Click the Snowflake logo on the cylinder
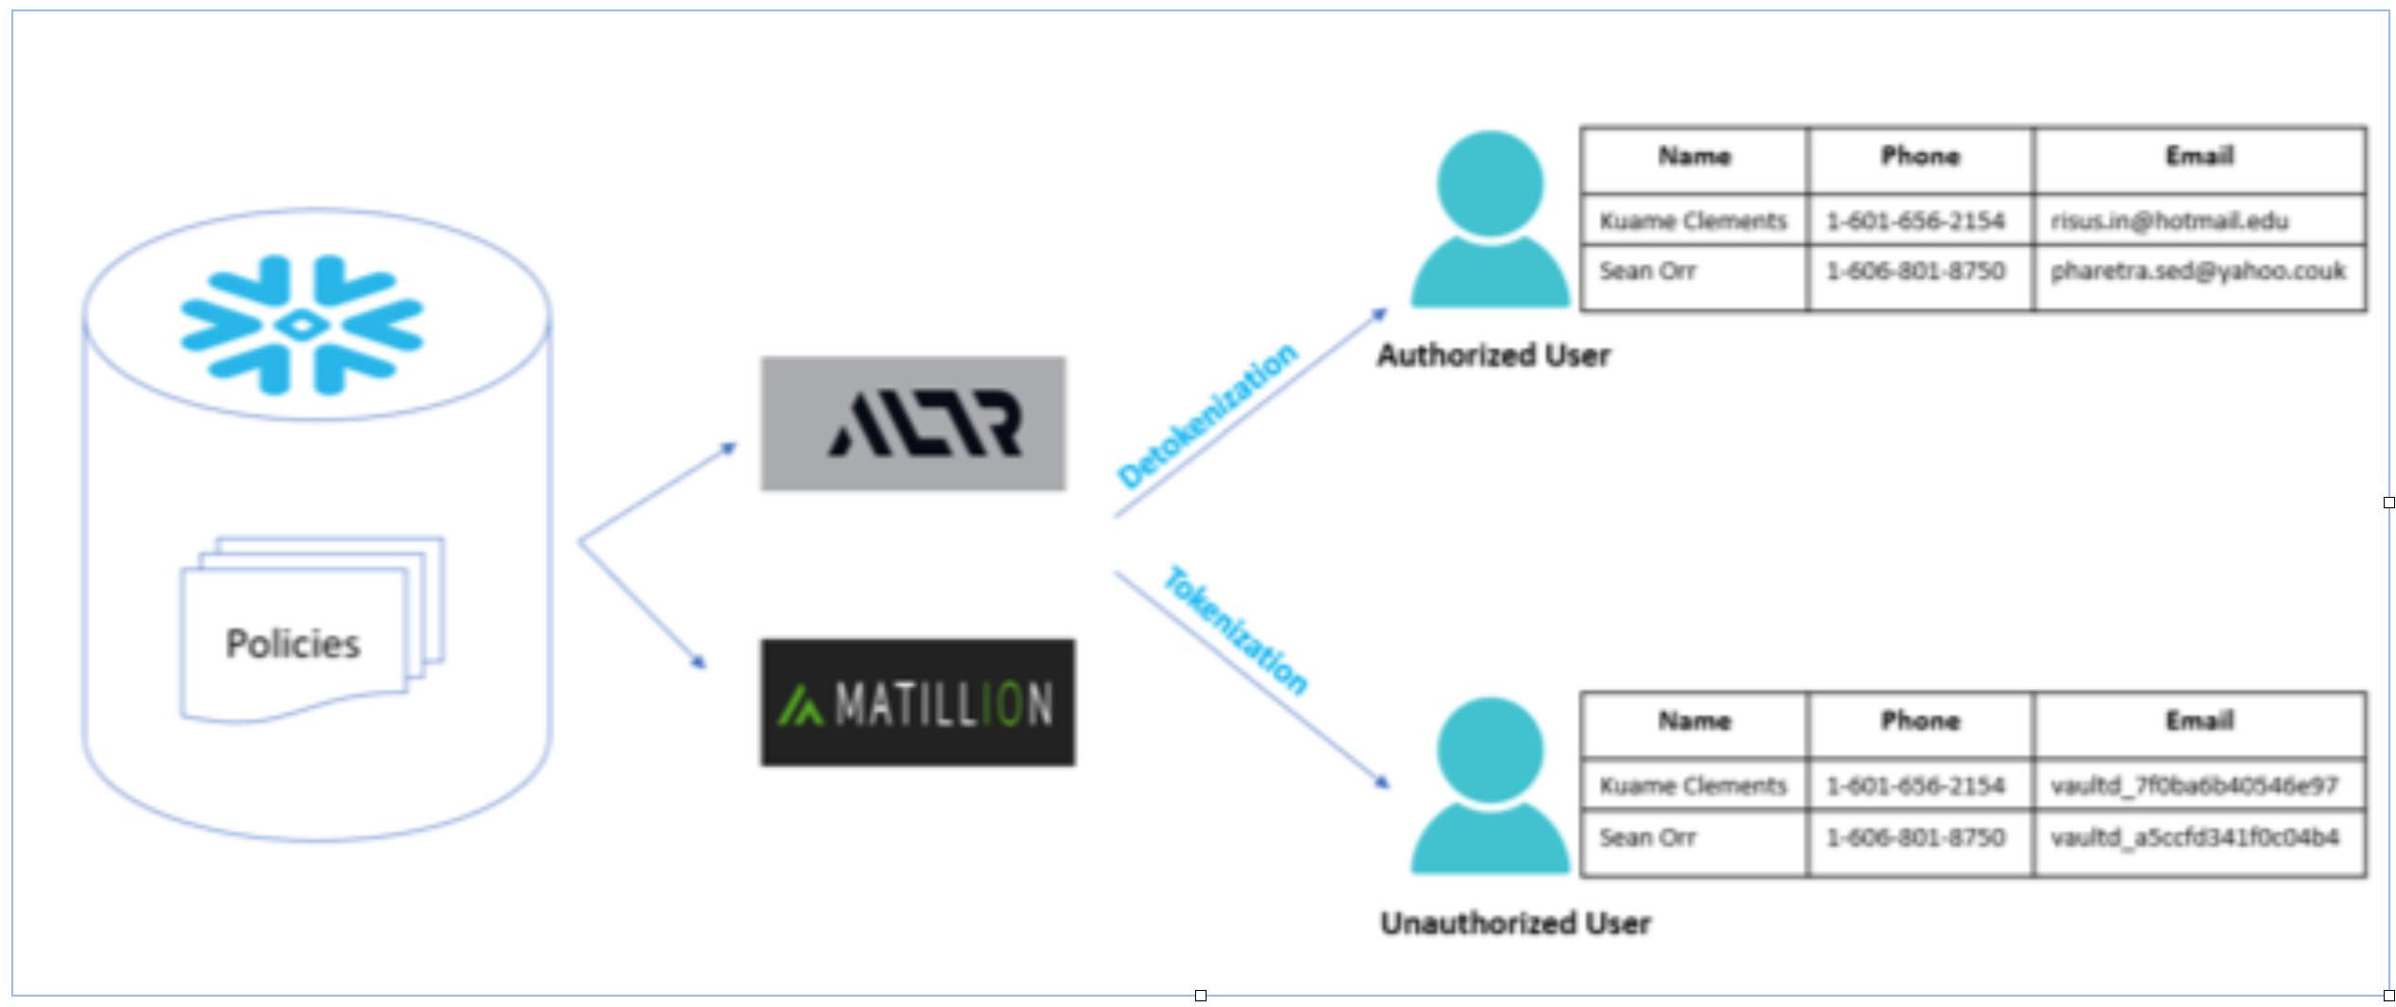302,325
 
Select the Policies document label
293,644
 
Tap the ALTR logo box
913,424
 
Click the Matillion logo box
917,703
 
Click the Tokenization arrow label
1236,630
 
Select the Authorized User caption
1493,355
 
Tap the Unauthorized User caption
1515,923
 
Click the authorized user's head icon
1489,184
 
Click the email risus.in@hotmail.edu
2169,221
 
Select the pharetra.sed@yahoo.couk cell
2197,272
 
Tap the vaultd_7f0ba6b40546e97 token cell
2193,786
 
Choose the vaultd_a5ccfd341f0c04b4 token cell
2193,838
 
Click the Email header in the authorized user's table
2199,156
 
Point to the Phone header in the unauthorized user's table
1919,721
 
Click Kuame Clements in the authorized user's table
1692,221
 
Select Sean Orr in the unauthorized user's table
1647,838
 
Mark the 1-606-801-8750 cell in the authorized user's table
1914,272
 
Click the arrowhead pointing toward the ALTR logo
729,448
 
